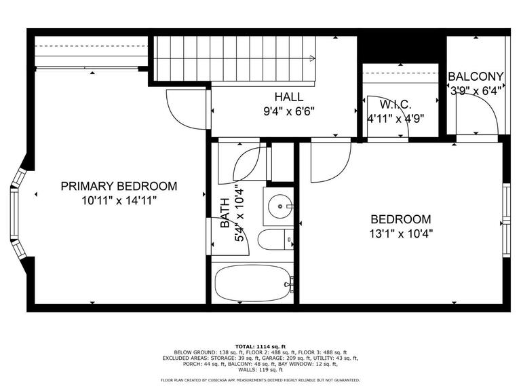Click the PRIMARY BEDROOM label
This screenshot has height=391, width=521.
119,186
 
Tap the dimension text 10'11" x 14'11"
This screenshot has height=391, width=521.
119,201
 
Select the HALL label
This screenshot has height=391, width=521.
289,97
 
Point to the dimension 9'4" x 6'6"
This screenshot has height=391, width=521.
289,111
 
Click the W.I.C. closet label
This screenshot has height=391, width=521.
395,105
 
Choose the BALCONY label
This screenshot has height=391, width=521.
476,77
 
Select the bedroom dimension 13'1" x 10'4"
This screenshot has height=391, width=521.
401,234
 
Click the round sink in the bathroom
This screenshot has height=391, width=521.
280,206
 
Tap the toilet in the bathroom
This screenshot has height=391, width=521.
275,240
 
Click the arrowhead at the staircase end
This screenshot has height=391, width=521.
312,58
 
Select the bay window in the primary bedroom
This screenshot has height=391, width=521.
17,213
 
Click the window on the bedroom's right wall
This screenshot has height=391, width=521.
506,220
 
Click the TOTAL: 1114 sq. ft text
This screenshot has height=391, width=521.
260,346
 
